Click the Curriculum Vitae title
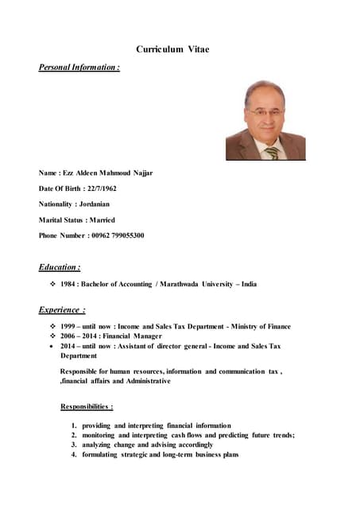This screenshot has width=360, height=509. tap(172, 49)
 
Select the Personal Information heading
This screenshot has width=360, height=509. tap(79, 68)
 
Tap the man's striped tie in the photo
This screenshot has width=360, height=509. tap(272, 151)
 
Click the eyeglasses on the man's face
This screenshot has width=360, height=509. tap(264, 113)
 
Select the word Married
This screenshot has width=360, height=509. tap(101, 220)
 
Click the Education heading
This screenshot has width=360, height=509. tap(60, 267)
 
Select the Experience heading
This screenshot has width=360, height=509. tap(62, 309)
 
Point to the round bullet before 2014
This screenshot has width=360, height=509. tap(52, 347)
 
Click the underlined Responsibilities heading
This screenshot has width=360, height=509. tap(87, 406)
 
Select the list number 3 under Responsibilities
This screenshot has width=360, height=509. tap(73, 445)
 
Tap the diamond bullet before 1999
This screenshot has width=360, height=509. tap(52, 326)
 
